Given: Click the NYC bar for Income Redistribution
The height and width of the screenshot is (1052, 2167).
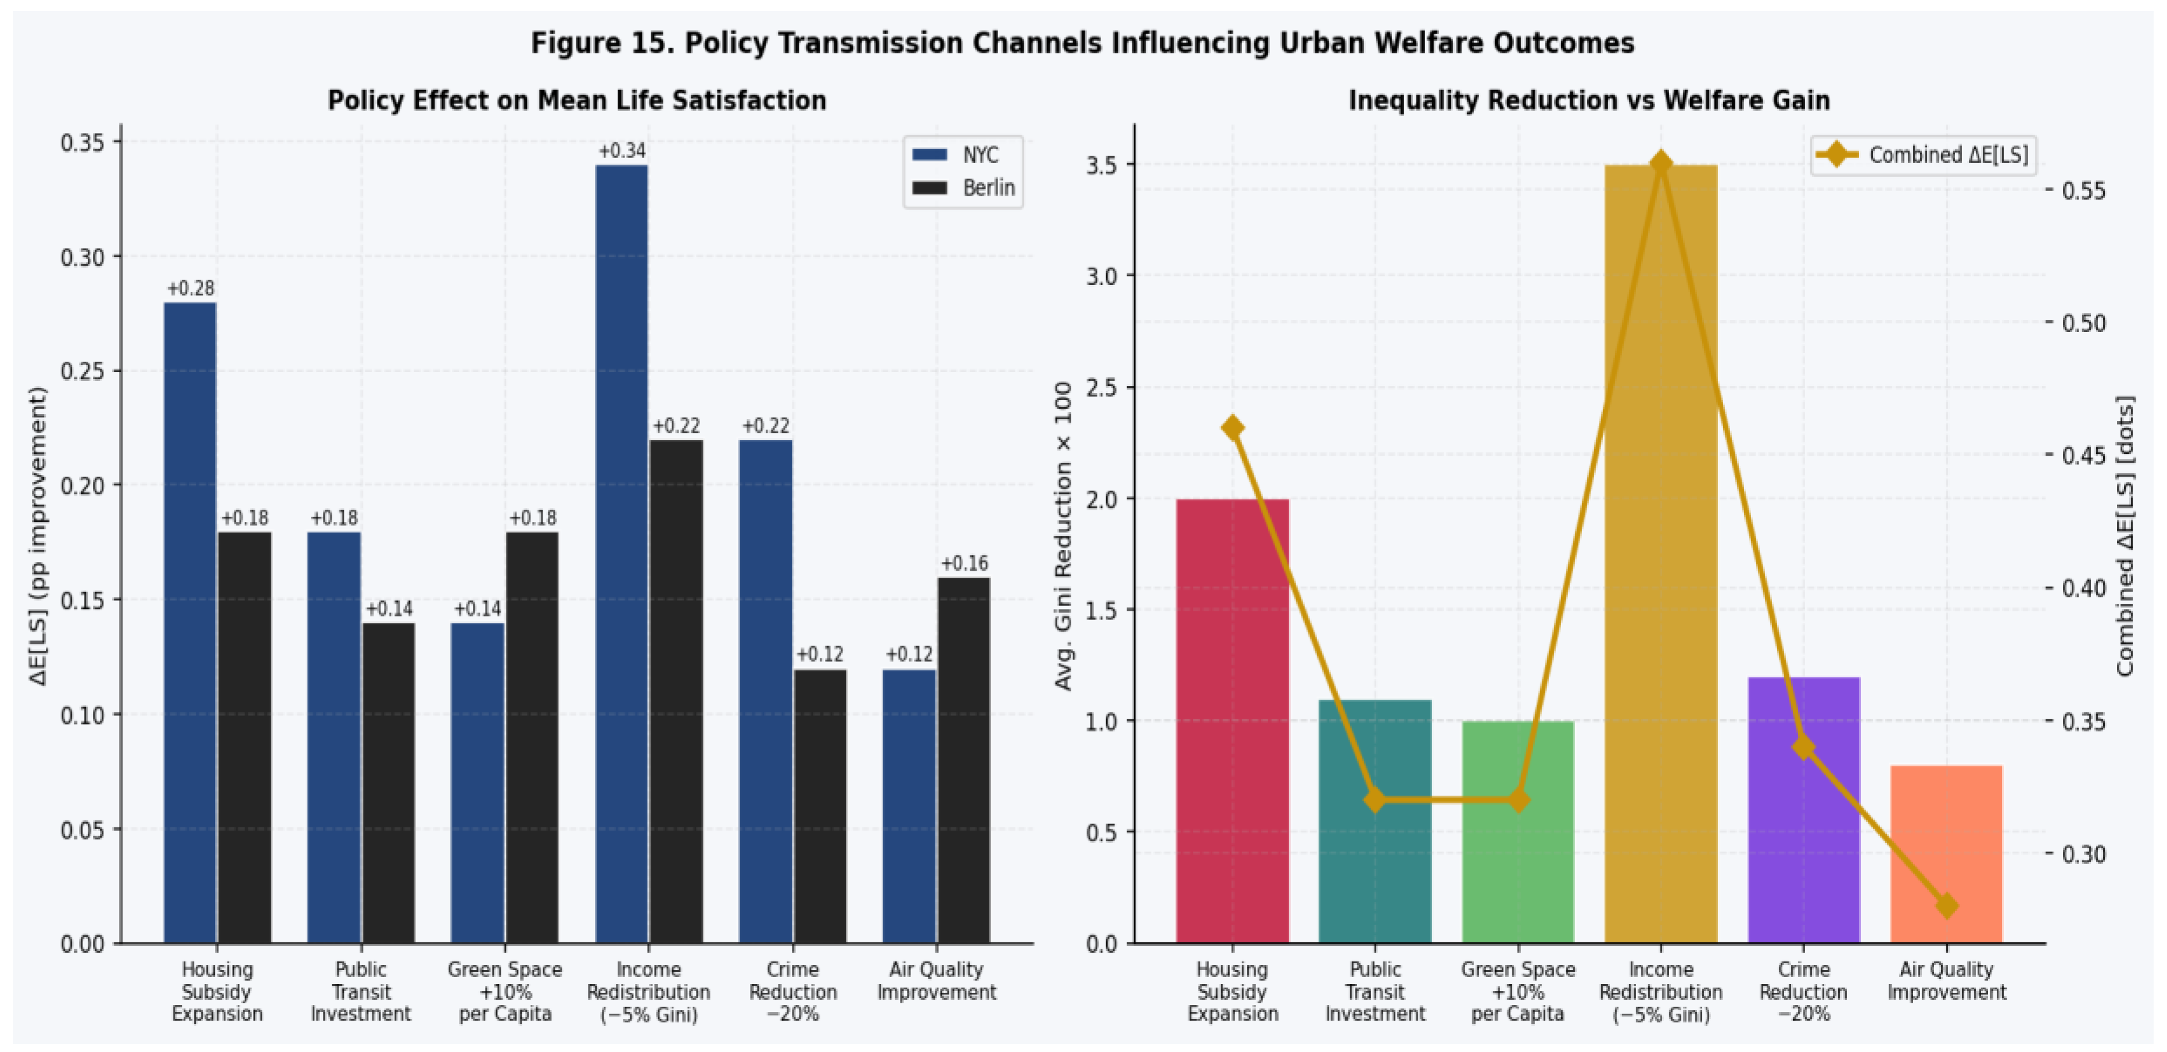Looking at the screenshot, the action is pos(622,554).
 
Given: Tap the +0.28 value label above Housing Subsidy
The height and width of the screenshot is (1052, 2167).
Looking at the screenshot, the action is pos(191,289).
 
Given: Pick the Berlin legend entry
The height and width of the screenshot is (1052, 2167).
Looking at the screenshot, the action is pos(963,188).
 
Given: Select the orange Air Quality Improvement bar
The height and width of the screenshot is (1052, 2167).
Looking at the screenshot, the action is pos(1947,855).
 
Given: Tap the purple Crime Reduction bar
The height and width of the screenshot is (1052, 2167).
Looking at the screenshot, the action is pos(1803,810).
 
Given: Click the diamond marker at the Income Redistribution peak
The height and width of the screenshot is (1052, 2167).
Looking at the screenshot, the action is pos(1660,164).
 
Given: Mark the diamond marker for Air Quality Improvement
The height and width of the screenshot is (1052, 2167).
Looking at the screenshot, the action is pos(1947,906).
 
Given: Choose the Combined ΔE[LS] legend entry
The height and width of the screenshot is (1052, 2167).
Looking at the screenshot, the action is pos(1922,155).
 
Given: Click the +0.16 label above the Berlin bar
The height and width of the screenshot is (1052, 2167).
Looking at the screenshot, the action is pos(964,563).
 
